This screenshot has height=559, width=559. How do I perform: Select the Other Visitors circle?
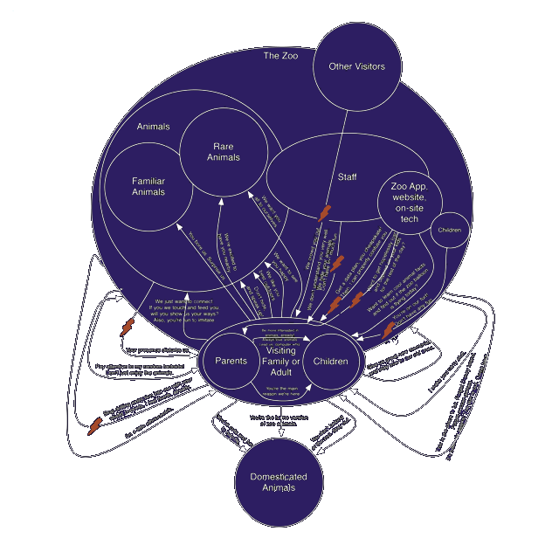[355, 66]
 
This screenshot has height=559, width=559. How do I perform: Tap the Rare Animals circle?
[224, 152]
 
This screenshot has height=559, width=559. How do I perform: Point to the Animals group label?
[153, 127]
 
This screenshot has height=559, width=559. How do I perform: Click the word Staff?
[347, 177]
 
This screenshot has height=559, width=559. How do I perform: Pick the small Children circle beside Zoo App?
[449, 231]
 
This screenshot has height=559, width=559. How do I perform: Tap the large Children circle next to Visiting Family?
[331, 361]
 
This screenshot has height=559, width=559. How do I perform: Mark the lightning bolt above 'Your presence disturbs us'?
[128, 328]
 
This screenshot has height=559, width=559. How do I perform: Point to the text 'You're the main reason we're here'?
[282, 391]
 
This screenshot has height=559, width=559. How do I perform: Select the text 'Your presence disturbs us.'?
[157, 349]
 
